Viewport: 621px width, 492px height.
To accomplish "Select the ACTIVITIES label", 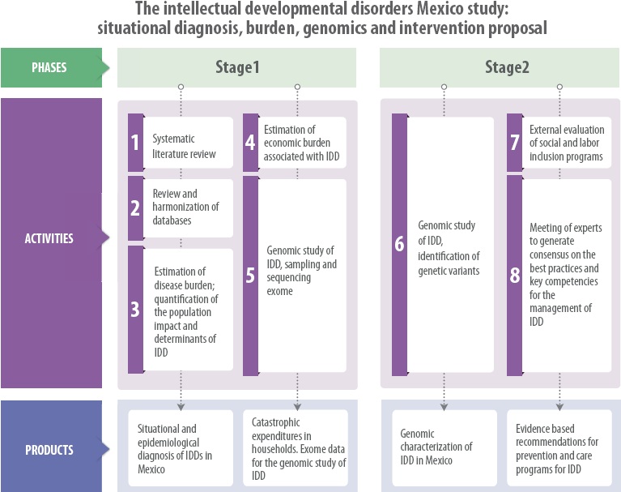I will tap(49, 239).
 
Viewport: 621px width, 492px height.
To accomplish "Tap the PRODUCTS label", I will tap(49, 450).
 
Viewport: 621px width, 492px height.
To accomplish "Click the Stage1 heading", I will tap(236, 68).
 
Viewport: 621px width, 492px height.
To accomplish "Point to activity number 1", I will tap(135, 143).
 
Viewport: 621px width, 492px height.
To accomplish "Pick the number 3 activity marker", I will tap(135, 310).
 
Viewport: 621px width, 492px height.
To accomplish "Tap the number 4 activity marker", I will tap(250, 143).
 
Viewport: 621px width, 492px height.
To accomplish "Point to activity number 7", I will tap(514, 143).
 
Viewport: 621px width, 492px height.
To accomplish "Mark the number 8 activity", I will tap(514, 276).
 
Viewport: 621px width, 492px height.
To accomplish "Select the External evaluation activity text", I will tap(566, 143).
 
